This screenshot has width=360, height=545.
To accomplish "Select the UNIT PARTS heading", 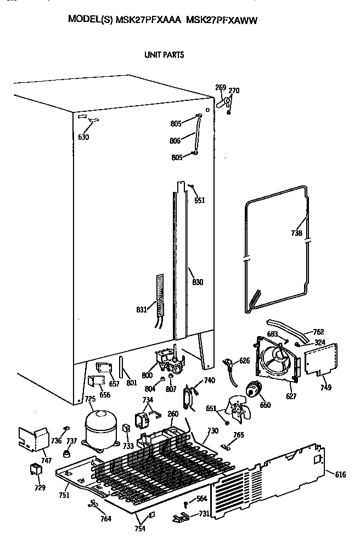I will [164, 55].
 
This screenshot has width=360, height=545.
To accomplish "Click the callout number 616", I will [340, 474].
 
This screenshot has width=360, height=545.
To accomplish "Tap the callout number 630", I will [83, 137].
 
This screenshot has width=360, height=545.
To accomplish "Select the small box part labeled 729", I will [35, 470].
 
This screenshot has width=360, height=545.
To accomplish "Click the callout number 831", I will [142, 310].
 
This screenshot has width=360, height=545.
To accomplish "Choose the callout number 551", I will [200, 201].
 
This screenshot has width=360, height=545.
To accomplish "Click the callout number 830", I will [198, 282].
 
